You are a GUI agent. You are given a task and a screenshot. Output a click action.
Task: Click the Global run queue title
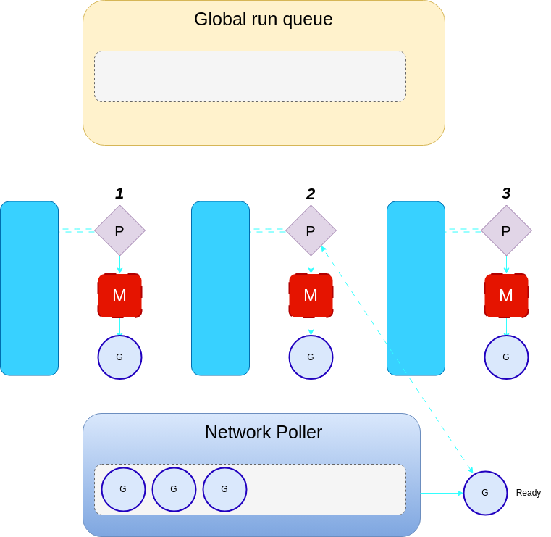click(x=263, y=20)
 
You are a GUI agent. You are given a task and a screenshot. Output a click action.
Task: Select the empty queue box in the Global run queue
click(x=250, y=76)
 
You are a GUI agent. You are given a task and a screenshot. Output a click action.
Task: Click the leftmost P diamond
click(x=119, y=230)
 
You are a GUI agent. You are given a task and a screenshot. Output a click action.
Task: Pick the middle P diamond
click(x=311, y=230)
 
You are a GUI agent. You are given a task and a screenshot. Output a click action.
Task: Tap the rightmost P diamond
click(x=506, y=230)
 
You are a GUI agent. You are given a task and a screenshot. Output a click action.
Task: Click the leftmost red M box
click(x=119, y=296)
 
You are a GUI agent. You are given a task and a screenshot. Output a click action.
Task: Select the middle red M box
click(x=311, y=296)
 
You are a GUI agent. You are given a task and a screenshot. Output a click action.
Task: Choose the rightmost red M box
click(x=506, y=296)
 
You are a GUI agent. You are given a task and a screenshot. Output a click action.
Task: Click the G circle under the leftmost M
click(x=119, y=357)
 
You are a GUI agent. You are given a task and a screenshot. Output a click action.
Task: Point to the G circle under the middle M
click(x=311, y=357)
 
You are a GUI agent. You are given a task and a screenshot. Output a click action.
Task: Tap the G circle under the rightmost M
click(x=506, y=357)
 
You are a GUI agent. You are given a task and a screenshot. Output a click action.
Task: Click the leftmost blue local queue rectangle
click(x=29, y=288)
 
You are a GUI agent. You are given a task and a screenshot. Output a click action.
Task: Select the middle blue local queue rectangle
click(x=220, y=288)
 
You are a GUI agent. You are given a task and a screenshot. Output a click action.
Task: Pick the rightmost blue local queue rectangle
click(x=416, y=288)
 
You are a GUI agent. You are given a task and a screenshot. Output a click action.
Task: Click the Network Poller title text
click(x=263, y=433)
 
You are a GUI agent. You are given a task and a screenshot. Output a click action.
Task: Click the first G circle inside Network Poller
click(x=123, y=489)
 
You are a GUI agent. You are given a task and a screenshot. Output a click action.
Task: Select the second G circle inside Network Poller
click(x=174, y=489)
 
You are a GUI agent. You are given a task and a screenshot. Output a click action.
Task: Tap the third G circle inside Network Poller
click(x=224, y=489)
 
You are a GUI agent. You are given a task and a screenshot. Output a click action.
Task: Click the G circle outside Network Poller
click(x=485, y=493)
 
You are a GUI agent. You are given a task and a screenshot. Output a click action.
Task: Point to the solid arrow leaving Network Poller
click(x=441, y=493)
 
